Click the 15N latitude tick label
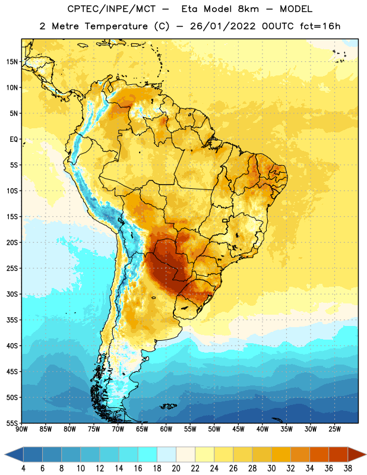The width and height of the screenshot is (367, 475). [x=12, y=62]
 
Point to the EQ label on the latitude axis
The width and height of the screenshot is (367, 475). [x=14, y=140]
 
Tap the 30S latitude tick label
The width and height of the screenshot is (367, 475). [x=12, y=294]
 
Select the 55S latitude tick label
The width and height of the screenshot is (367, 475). [x=12, y=423]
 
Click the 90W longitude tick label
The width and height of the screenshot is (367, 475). [x=21, y=429]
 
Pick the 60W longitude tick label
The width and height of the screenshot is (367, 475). [x=166, y=429]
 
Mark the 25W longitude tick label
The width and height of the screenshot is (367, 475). [x=334, y=429]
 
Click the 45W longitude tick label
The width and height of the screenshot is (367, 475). [x=238, y=429]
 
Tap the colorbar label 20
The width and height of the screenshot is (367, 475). [x=176, y=468]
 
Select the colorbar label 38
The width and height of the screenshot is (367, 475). [x=348, y=468]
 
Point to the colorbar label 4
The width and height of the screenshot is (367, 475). [x=23, y=468]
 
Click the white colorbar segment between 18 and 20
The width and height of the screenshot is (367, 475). [x=166, y=454]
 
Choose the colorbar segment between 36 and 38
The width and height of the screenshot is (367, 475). [x=338, y=454]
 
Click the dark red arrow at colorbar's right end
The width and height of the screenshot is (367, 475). [x=356, y=454]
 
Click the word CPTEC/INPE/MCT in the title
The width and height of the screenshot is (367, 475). [x=112, y=9]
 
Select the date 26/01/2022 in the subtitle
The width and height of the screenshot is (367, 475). [x=223, y=26]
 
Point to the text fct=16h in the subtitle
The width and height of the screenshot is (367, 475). [x=320, y=26]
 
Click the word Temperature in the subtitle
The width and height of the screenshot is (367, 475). [x=116, y=26]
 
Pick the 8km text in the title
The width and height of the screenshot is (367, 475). [x=248, y=9]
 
